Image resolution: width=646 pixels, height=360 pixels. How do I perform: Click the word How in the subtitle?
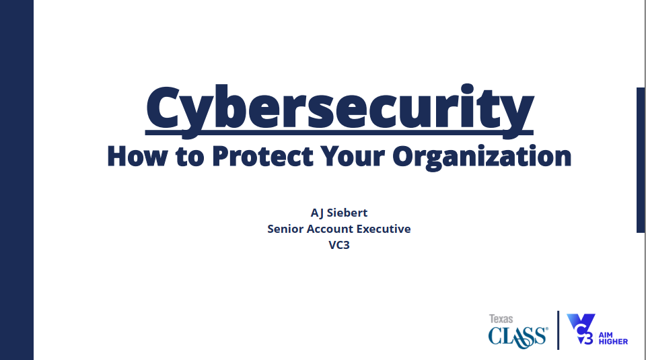pos(137,155)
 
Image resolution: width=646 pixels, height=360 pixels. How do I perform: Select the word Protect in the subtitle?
pos(263,155)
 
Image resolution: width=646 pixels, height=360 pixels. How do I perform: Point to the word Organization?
pos(482,157)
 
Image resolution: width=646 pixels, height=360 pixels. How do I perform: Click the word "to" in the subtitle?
pos(190,157)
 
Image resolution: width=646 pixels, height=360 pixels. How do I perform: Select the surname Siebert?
pos(347,213)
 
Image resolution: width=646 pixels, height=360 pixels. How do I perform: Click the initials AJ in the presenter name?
pos(317,213)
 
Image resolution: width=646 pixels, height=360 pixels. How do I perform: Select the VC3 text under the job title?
pos(339,245)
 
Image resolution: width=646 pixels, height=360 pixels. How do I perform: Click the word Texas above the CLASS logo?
pos(501,319)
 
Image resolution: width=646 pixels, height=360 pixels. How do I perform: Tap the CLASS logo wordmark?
pos(518,337)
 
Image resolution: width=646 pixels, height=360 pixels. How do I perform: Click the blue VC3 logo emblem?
pos(581,329)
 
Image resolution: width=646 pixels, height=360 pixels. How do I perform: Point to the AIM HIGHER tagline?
pos(613,338)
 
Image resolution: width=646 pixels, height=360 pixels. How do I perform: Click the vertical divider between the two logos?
pos(559,330)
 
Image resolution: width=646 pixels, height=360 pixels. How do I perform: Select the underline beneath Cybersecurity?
pos(339,133)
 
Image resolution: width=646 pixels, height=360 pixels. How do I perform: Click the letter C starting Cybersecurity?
pos(163,107)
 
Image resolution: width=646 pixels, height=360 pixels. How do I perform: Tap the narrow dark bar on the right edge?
pos(641,160)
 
